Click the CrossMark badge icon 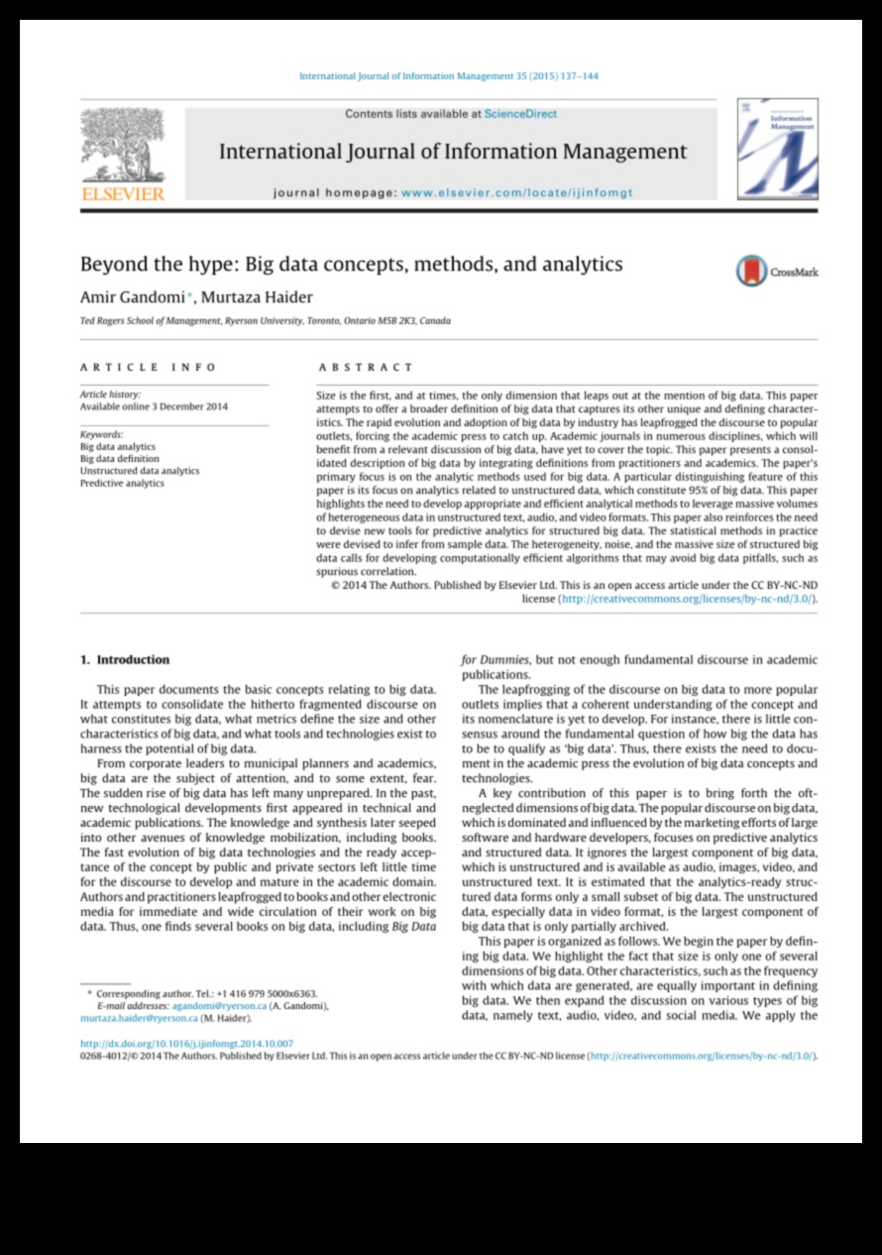[x=752, y=271]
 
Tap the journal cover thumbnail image [x=777, y=148]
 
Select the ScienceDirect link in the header [x=520, y=114]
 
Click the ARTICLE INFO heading [x=148, y=367]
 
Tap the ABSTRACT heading [x=365, y=367]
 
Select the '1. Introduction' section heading [x=125, y=659]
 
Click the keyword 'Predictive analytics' [x=122, y=484]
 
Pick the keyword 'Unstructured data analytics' [x=140, y=471]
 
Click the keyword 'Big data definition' [x=119, y=459]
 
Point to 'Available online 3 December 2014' [x=154, y=406]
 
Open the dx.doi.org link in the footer [x=186, y=1044]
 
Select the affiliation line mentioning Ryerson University [x=265, y=321]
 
